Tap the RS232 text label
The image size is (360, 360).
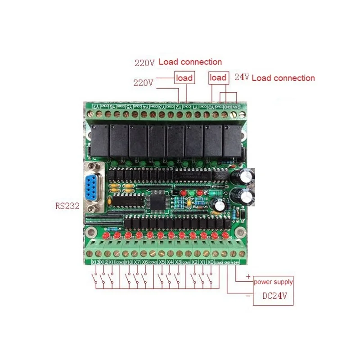[x=66, y=206]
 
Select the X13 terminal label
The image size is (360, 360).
[x=95, y=261]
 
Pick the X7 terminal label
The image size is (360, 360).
[x=136, y=261]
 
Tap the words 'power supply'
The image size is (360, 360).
[x=273, y=282]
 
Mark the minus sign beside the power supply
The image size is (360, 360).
[x=248, y=297]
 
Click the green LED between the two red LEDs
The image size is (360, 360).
[x=191, y=194]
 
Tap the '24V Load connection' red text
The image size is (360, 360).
[x=274, y=78]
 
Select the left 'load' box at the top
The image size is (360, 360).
[x=184, y=78]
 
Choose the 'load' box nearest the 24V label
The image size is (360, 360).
[x=218, y=78]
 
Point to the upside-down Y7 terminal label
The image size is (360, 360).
[x=96, y=107]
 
